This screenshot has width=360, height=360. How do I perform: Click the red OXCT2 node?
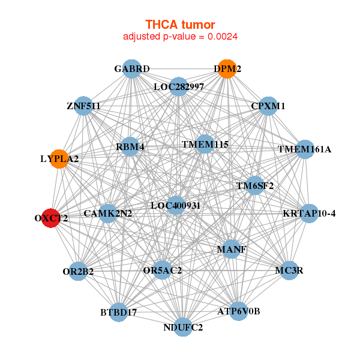pos(52,218)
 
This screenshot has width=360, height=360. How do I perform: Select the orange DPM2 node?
pos(226,69)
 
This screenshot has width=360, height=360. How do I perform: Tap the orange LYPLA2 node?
pos(59,159)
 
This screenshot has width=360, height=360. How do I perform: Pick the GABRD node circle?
pos(132,69)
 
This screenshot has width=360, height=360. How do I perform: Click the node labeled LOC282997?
pos(178,87)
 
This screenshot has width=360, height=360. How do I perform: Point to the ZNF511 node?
pos(84,106)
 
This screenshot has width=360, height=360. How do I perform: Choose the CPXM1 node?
pos(268,106)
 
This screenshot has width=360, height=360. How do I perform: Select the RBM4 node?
pos(130,147)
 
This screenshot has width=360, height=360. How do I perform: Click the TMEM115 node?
pos(205,144)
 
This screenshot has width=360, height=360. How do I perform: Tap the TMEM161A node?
pos(304,149)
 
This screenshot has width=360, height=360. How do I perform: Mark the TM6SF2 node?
pos(254,185)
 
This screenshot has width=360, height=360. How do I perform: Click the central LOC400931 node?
pos(176,206)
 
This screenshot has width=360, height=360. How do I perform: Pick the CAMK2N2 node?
pos(108,213)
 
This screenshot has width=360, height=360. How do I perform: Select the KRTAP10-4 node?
pos(308,213)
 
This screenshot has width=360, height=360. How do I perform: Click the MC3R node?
pos(289,271)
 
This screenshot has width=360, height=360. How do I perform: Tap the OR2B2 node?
pos(79,271)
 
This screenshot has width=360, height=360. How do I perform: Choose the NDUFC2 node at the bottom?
pos(183,327)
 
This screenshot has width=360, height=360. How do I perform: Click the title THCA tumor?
pos(180,25)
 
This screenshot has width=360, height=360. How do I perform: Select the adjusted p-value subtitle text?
pos(180,37)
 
